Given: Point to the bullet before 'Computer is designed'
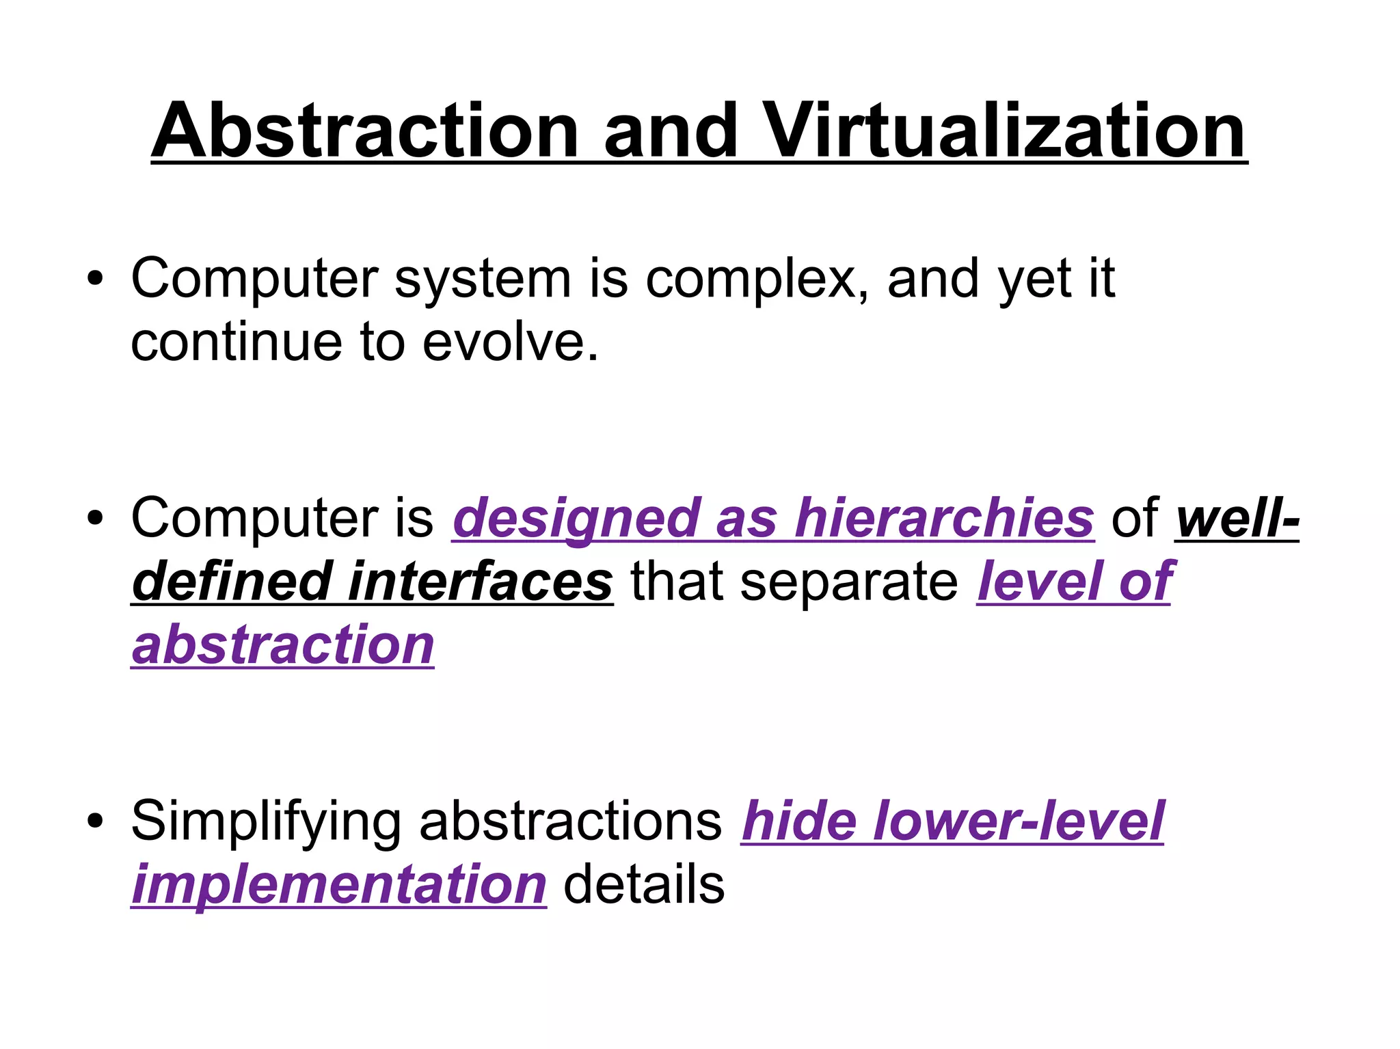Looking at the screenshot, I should (x=95, y=518).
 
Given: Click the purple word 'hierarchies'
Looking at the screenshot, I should (x=943, y=518).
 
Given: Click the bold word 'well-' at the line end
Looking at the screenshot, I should (x=1237, y=518).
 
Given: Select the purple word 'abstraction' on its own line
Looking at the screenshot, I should (x=283, y=644).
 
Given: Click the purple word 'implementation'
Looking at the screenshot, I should (x=339, y=884).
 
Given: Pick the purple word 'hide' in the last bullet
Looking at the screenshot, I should (x=798, y=821).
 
